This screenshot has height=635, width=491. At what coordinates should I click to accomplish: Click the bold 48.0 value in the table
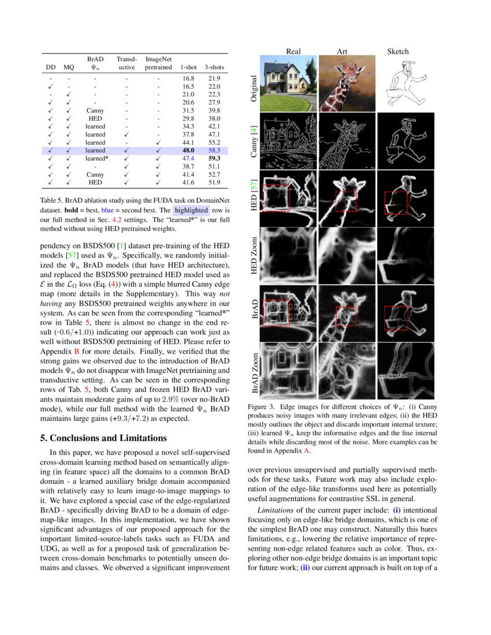pos(188,150)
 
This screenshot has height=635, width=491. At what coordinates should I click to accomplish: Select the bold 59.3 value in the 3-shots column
pos(214,158)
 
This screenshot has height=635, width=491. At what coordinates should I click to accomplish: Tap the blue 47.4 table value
pos(188,158)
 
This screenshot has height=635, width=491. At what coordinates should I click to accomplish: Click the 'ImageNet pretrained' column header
pos(158,63)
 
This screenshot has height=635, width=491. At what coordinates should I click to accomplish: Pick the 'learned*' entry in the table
pos(96,158)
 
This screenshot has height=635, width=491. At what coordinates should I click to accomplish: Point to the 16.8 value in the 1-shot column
pos(188,78)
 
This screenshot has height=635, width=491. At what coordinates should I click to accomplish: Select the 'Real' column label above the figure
pos(293,51)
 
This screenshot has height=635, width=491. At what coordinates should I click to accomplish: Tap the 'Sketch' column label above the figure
pos(397,51)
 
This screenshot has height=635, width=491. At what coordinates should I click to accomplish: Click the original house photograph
pos(288,84)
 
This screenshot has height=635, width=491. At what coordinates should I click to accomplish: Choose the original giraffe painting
pos(345,84)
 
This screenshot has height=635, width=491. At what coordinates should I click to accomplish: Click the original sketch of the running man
pos(404,84)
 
